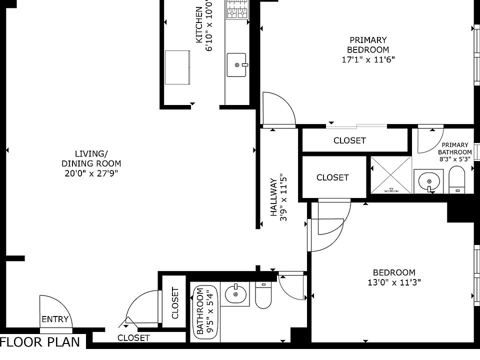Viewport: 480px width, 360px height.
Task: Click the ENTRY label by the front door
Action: coord(55,319)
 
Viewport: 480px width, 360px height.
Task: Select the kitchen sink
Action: coord(236,65)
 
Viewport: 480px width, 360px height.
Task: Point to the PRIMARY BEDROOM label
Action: coord(368,44)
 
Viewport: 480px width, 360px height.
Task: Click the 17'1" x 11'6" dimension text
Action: coord(368,59)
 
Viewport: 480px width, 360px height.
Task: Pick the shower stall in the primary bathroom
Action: coord(391,175)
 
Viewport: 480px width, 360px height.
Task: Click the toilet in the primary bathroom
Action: coord(456,179)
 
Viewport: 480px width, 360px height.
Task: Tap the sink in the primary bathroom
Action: coord(428,181)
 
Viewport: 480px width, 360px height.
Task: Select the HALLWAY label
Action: coord(273,197)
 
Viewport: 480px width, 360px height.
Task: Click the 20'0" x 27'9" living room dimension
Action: coord(91,173)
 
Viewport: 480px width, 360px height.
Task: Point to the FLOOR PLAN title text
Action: coord(40,342)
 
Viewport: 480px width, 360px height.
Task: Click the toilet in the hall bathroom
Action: coord(263,295)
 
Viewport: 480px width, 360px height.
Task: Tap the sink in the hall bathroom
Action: coord(235,294)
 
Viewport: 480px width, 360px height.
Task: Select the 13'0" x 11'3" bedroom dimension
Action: coord(394,282)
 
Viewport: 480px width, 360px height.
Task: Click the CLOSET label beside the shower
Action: coord(332,177)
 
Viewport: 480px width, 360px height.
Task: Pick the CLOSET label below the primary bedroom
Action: coord(349,140)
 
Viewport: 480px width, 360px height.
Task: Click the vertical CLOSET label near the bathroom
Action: coord(175,303)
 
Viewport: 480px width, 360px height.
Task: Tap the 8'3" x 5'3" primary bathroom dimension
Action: coord(455,159)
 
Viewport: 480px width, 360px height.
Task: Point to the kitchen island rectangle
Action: coord(177,67)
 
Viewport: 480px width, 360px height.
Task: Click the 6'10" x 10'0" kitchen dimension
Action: coord(209,25)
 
